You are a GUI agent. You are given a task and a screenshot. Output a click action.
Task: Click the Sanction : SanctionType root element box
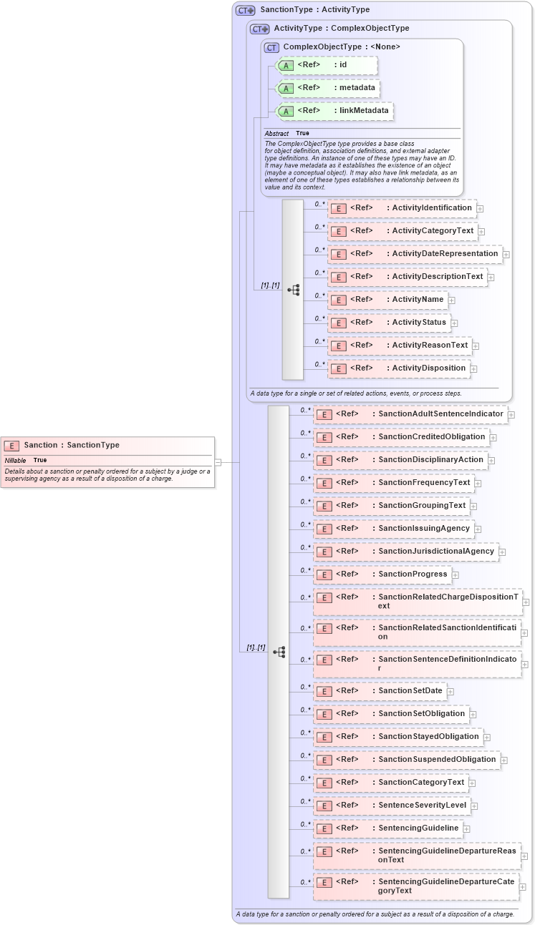click(108, 445)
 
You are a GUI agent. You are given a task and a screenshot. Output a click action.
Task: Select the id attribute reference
click(326, 65)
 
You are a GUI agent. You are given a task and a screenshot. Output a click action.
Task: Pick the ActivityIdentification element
click(401, 208)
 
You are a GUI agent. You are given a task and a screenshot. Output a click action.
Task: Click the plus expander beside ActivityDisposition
click(473, 369)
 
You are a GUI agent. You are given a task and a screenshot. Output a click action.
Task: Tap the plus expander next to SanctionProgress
click(455, 574)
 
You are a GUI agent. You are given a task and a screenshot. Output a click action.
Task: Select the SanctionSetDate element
click(379, 691)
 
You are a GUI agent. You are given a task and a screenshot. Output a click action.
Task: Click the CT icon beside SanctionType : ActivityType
click(246, 11)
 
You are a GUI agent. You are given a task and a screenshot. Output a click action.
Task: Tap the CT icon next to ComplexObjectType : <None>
click(271, 48)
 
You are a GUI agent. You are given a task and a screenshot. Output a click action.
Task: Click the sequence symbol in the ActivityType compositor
click(294, 290)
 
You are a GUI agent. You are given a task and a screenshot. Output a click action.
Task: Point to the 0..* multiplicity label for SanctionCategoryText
click(305, 778)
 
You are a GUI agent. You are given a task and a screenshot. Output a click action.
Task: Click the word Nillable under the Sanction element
click(15, 460)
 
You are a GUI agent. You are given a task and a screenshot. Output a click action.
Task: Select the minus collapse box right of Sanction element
click(218, 462)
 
